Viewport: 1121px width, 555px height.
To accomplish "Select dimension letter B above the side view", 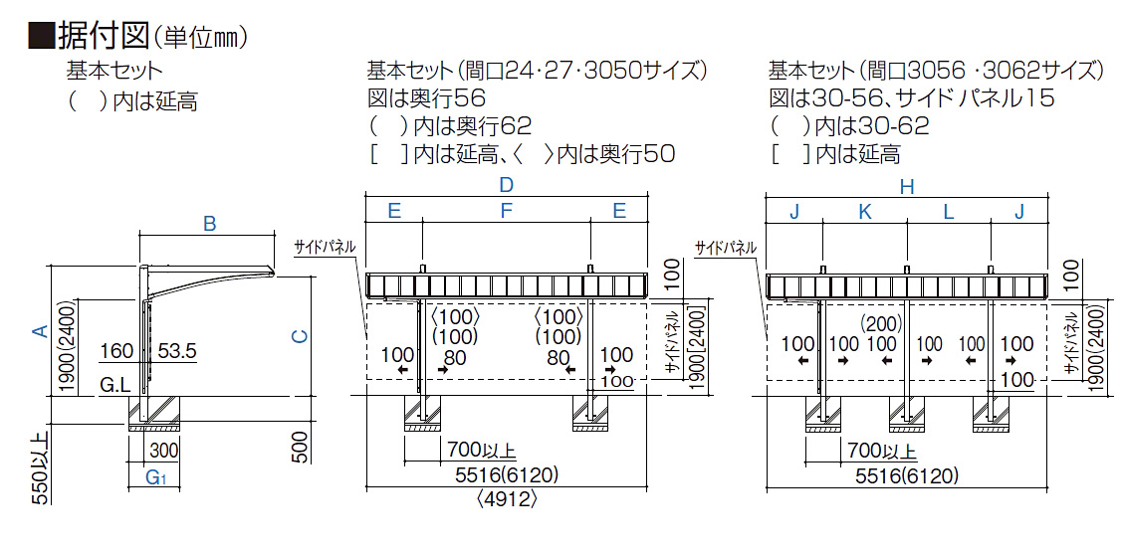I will (x=209, y=224).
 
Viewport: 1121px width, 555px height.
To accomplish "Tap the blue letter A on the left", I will (x=40, y=331).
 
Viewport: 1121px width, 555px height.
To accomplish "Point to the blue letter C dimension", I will (x=299, y=336).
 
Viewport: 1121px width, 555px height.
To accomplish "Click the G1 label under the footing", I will (x=154, y=478).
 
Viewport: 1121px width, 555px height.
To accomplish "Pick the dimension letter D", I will (x=506, y=185).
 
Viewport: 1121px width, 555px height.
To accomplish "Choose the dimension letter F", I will (x=506, y=211).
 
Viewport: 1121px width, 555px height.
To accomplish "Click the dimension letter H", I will (x=907, y=186).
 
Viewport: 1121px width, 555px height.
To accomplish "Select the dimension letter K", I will (x=864, y=211).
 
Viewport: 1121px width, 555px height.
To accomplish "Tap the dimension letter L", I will (x=949, y=211).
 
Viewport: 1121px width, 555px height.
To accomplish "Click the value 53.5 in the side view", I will (x=176, y=351).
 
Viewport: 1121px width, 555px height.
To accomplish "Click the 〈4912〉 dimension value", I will (x=507, y=498).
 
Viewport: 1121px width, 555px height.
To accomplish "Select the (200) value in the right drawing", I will (x=880, y=323).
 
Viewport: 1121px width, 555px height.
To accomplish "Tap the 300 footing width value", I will (x=163, y=451).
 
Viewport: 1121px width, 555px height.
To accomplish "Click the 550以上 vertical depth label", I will (x=41, y=470).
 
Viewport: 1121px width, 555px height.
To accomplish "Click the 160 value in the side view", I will (x=116, y=351).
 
